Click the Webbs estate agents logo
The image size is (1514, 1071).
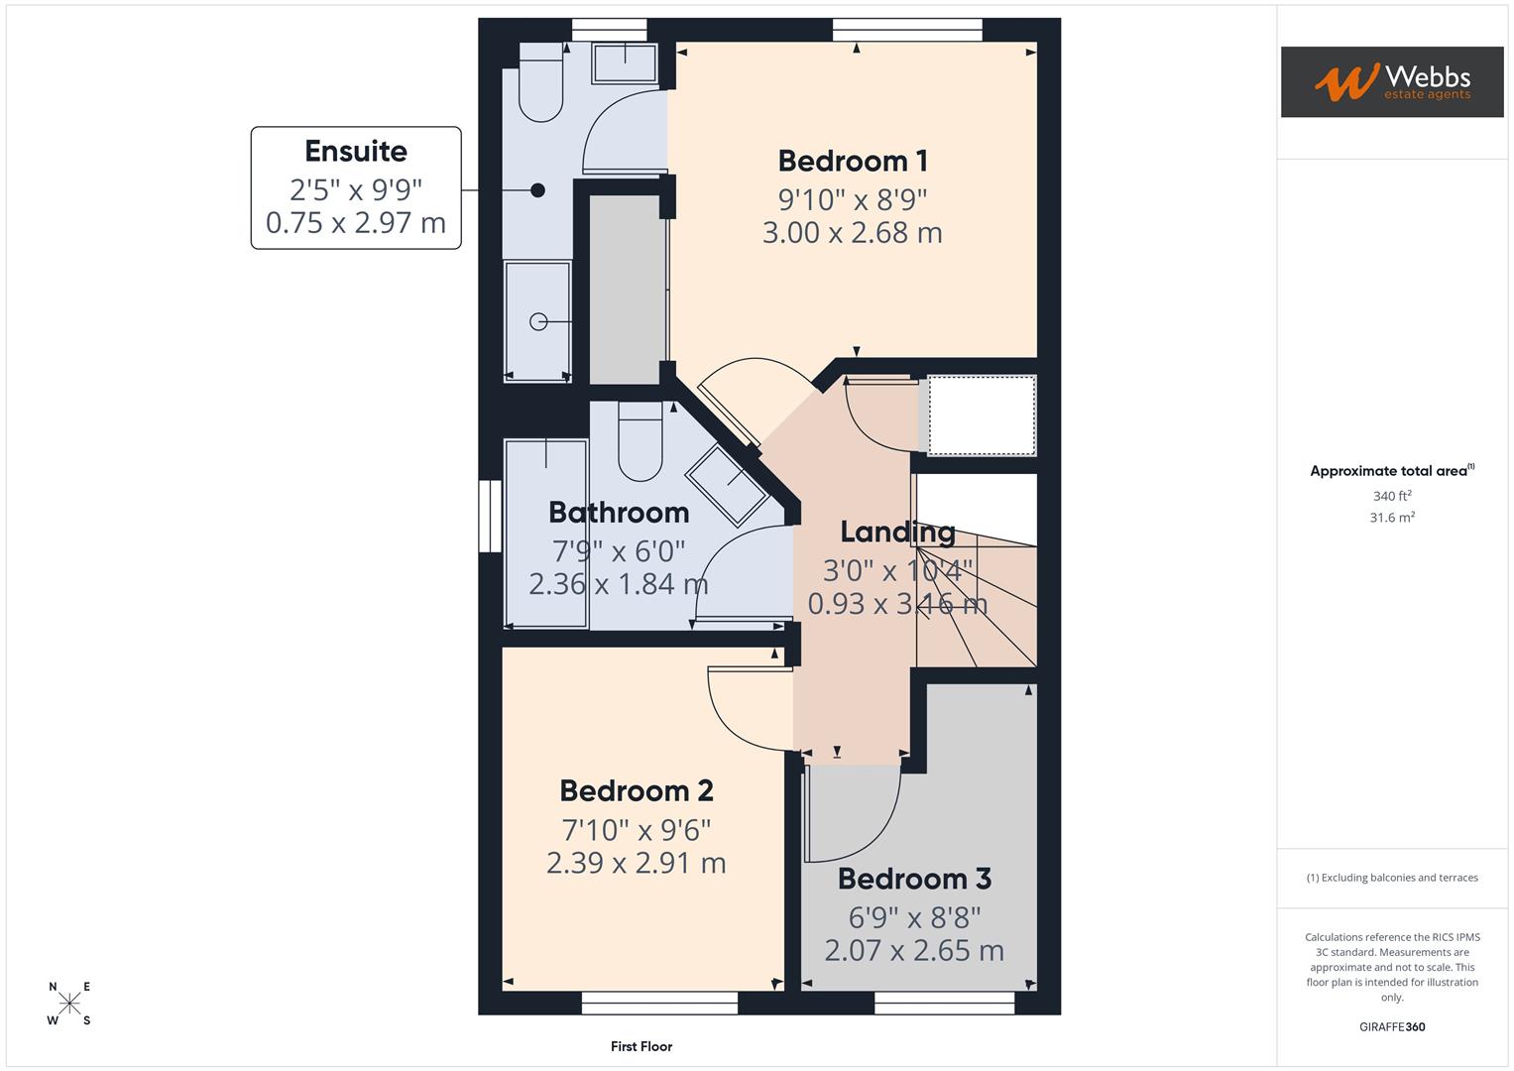pos(1391,81)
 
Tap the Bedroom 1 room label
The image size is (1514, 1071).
pos(852,161)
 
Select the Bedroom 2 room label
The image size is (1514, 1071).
pos(636,790)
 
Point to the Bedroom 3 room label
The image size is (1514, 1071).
pos(914,879)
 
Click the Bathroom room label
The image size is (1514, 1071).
pos(619,513)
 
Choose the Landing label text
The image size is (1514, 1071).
pos(897,533)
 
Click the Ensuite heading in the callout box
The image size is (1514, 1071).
pos(355,152)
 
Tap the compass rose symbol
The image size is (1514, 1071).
pos(69,1004)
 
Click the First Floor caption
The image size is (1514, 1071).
pos(641,1046)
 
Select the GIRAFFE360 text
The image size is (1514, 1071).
pos(1391,1026)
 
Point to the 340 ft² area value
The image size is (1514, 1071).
pos(1391,496)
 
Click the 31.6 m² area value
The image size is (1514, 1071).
pos(1391,518)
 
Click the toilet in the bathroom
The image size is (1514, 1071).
pos(640,442)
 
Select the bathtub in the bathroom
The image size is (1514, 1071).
pos(545,534)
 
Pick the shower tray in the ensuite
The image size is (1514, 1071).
pos(537,320)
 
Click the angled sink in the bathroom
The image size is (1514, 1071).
pos(732,484)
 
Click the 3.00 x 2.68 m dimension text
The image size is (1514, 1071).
pos(852,233)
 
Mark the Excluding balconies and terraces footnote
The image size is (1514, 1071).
pos(1391,878)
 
